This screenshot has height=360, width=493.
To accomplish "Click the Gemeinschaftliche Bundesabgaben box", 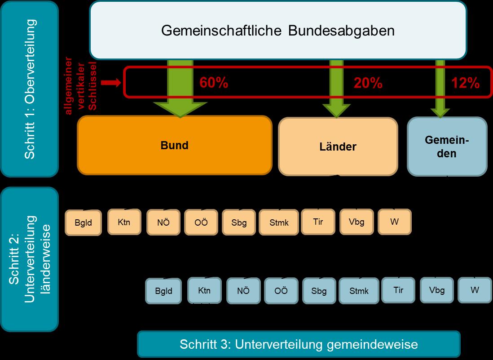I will pyautogui.click(x=278, y=31).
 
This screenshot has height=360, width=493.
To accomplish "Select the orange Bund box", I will pyautogui.click(x=175, y=145).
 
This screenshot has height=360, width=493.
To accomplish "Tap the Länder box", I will pyautogui.click(x=338, y=147).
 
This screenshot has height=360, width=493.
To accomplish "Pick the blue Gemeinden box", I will pyautogui.click(x=447, y=147).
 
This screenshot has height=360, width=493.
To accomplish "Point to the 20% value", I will pyautogui.click(x=368, y=83).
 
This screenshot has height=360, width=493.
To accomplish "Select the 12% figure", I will pyautogui.click(x=466, y=83).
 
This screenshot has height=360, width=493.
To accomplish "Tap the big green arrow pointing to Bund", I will pyautogui.click(x=180, y=90).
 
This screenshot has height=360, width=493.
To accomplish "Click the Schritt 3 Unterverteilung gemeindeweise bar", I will pyautogui.click(x=299, y=345).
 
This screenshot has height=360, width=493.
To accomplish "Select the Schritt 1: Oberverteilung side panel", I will pyautogui.click(x=30, y=89).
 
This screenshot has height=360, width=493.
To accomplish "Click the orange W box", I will pyautogui.click(x=395, y=222).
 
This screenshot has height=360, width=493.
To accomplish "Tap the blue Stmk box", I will pyautogui.click(x=359, y=291).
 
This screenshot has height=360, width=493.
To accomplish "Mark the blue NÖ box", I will pyautogui.click(x=244, y=291).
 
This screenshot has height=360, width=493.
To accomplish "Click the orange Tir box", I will pyautogui.click(x=318, y=222).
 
